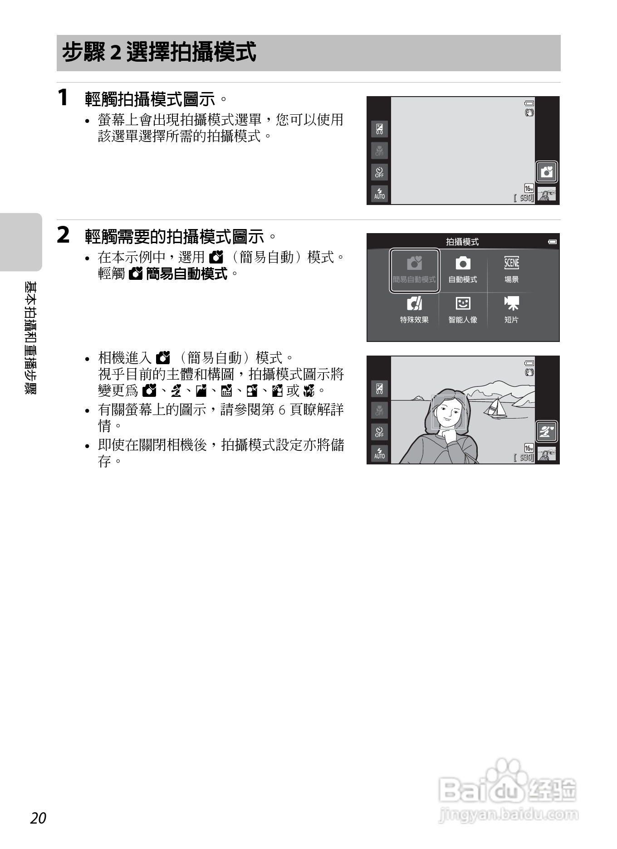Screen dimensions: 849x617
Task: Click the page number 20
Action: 39,818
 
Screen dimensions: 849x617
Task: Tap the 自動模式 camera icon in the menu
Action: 462,263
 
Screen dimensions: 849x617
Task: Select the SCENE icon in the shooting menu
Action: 511,263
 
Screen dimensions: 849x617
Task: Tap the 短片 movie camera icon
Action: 511,303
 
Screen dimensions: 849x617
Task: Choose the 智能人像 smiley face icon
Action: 462,303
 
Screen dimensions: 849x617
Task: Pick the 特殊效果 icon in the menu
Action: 414,303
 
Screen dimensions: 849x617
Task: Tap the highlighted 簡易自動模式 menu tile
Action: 415,270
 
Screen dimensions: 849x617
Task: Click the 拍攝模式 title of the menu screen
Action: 462,242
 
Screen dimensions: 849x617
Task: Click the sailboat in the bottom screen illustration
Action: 495,408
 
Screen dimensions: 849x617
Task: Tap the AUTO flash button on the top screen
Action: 379,194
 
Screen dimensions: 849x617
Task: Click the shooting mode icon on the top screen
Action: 546,172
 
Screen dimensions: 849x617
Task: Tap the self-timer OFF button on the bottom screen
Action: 379,432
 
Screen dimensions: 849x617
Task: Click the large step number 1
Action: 63,98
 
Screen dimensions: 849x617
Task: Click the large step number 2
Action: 64,235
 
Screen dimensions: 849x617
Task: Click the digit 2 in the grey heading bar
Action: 116,53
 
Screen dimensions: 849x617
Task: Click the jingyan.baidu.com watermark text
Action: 509,815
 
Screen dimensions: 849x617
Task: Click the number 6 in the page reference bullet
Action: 281,410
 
